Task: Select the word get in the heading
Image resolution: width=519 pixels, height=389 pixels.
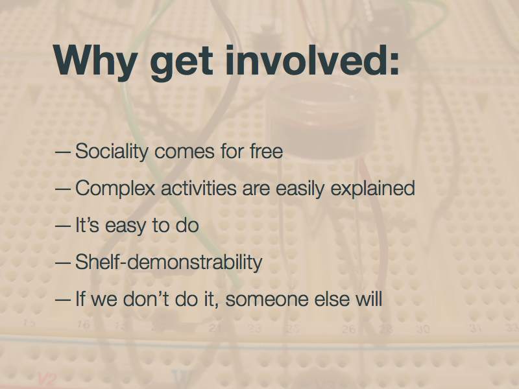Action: pyautogui.click(x=182, y=63)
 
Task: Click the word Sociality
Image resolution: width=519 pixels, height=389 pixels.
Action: pyautogui.click(x=112, y=152)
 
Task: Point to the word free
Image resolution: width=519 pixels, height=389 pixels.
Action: pyautogui.click(x=266, y=151)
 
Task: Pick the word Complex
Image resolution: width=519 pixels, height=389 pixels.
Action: pyautogui.click(x=115, y=189)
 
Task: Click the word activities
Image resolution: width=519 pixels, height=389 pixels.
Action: pyautogui.click(x=199, y=187)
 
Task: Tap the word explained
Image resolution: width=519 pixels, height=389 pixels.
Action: pyautogui.click(x=373, y=189)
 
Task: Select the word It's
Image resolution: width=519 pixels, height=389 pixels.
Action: pyautogui.click(x=87, y=225)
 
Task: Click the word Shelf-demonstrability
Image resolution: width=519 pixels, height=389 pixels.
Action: pyautogui.click(x=169, y=262)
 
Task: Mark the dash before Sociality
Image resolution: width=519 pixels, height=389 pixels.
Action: pyautogui.click(x=63, y=152)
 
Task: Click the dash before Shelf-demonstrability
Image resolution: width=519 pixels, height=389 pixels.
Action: pyautogui.click(x=63, y=263)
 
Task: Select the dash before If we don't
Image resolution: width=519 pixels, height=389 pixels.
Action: pyautogui.click(x=63, y=300)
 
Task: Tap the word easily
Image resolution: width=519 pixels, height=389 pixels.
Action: pyautogui.click(x=300, y=189)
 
